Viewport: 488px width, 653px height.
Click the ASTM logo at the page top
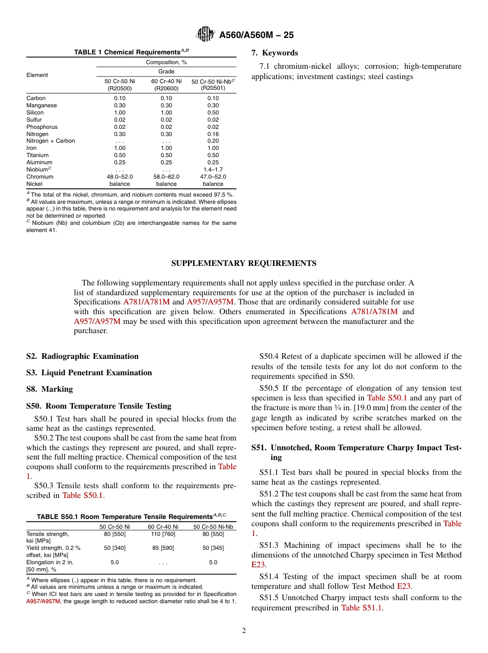[205, 34]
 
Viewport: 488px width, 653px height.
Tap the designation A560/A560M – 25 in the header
[256, 35]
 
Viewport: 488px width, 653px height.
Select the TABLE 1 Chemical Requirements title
[131, 52]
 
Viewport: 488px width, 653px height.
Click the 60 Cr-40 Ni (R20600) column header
[166, 85]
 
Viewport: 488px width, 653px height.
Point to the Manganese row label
[42, 105]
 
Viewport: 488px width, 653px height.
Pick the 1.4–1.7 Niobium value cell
[213, 169]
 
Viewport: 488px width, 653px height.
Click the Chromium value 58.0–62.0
[166, 177]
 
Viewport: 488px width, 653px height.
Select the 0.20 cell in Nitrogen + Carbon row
[213, 141]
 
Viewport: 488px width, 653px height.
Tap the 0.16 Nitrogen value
[213, 134]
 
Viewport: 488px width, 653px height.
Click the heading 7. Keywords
[274, 53]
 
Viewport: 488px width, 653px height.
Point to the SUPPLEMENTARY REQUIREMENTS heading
[243, 263]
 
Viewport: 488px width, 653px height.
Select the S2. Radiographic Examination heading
[82, 356]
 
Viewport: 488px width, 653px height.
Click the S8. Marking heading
[49, 389]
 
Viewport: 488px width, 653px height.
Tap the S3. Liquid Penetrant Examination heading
[89, 373]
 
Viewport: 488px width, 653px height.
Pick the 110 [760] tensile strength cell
[163, 534]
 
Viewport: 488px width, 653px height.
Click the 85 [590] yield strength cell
[163, 548]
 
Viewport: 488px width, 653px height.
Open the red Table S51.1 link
[362, 608]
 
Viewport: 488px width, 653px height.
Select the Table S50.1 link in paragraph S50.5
[387, 398]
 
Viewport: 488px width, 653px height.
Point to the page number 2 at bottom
[244, 631]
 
